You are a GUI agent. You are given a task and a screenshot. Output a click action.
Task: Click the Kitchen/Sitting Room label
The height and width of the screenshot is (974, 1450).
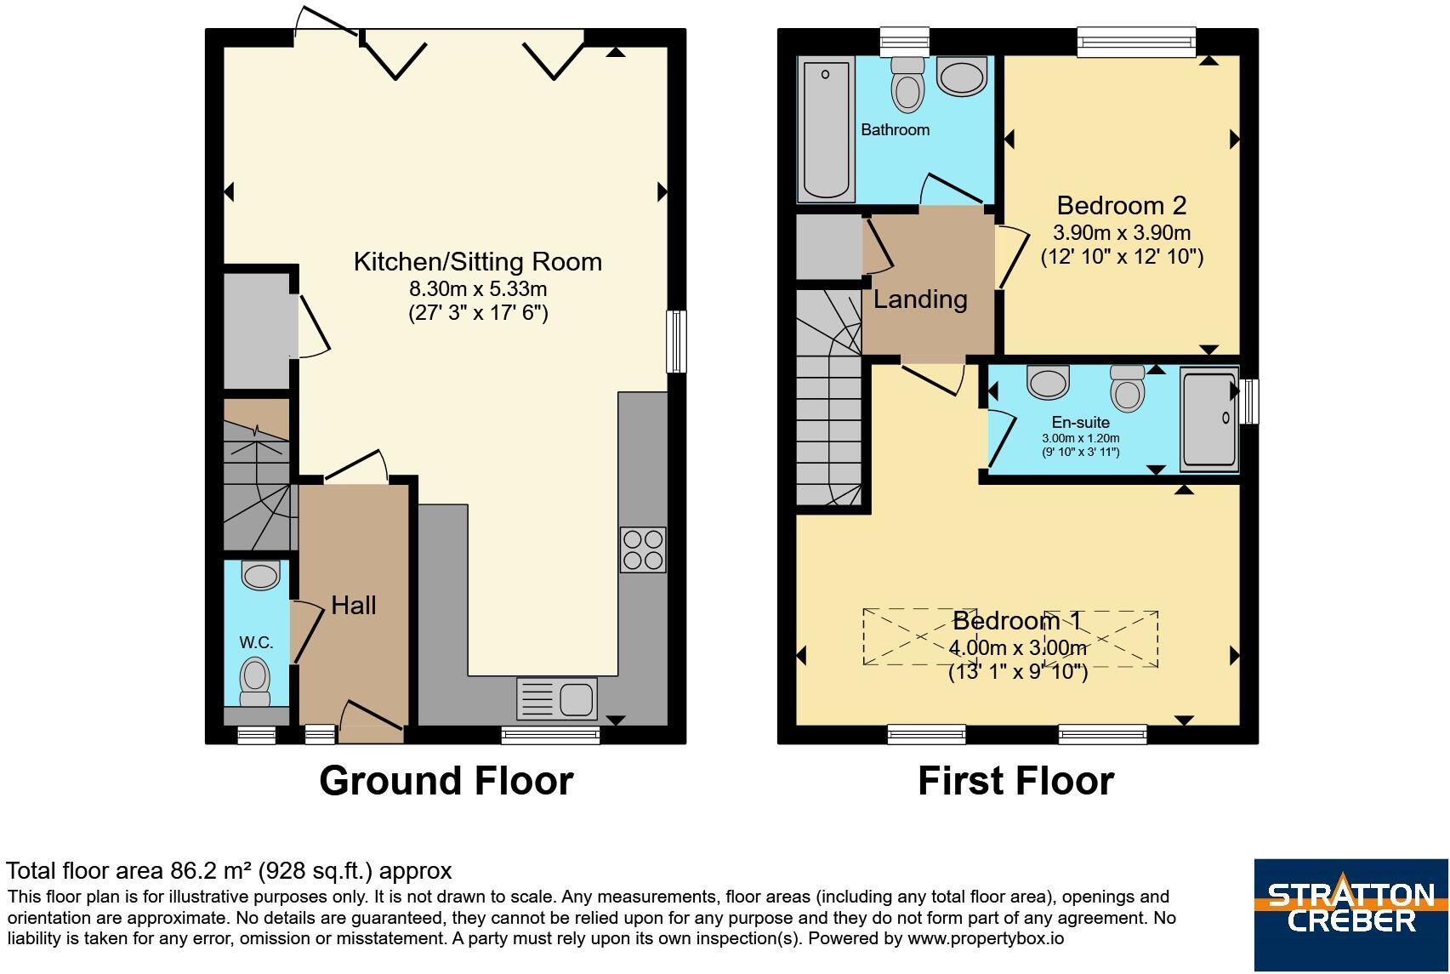478,262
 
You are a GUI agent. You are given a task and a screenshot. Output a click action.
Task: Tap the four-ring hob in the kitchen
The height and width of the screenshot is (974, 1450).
643,550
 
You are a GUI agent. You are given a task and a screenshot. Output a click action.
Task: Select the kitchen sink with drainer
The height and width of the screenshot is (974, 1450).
557,698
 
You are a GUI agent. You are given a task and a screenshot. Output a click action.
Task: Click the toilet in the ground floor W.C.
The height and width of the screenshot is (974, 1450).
255,682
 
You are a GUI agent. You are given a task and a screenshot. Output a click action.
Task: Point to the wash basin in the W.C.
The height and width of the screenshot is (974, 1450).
261,575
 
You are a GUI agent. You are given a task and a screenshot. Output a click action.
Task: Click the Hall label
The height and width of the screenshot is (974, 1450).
354,606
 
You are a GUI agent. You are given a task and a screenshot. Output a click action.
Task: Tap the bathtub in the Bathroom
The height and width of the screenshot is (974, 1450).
826,129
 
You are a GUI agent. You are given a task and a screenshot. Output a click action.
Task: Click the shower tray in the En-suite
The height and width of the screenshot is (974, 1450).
1209,419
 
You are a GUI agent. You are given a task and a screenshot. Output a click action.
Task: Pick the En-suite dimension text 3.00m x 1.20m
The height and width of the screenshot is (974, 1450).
1080,438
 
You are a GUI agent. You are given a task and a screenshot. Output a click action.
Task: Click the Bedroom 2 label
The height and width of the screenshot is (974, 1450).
1122,206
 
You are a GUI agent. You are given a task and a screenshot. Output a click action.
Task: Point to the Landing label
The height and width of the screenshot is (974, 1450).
920,299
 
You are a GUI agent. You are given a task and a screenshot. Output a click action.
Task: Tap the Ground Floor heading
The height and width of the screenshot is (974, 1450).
446,781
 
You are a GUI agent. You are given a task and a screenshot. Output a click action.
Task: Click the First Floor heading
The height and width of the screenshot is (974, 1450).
1016,781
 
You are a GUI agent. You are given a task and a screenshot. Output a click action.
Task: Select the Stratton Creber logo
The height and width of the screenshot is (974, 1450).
1351,914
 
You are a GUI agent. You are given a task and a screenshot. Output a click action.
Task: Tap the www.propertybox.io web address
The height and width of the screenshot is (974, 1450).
985,938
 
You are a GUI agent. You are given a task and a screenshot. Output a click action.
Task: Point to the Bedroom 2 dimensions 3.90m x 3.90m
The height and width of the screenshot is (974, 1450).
1122,232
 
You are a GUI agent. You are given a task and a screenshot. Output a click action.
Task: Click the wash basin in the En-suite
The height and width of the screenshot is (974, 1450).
1048,381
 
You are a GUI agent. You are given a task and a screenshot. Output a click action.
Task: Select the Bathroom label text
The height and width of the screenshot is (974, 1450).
896,130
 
